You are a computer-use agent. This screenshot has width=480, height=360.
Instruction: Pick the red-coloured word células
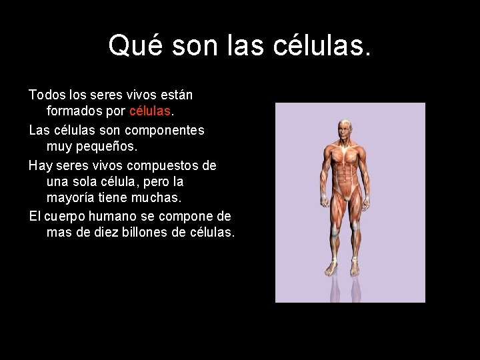click(x=150, y=113)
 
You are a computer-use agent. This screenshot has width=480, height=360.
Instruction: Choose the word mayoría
click(x=71, y=199)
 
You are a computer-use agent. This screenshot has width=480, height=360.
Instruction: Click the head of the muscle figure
click(x=345, y=130)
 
